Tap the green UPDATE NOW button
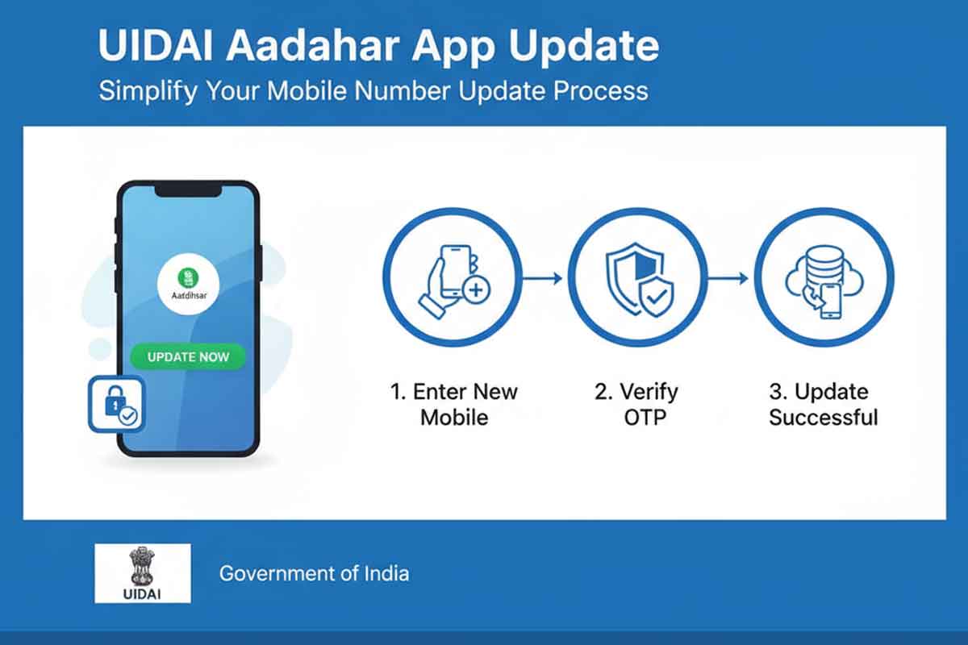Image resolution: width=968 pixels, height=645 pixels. pos(188,357)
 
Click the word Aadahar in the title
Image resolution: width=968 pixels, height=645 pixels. pos(312,46)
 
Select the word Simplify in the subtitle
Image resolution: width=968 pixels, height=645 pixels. pos(148,92)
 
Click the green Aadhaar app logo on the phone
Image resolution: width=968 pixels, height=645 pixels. pos(188,277)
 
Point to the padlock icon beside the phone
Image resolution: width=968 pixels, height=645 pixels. pos(116,404)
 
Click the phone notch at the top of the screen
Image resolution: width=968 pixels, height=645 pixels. pos(189,190)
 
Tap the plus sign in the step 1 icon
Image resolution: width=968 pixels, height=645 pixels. pos(476,290)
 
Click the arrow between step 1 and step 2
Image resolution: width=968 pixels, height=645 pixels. pos(542,278)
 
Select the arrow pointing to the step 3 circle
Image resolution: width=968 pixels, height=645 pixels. pos(728,278)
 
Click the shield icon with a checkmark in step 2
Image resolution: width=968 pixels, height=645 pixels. pos(657,298)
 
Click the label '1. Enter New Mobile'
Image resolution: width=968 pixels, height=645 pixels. pos(454,405)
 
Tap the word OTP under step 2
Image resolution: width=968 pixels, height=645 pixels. pos(645,418)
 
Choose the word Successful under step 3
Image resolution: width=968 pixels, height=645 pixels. pos(824,418)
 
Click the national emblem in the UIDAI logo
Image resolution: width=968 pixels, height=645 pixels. pos(142,565)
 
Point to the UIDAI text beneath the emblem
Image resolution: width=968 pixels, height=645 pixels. pos(142,594)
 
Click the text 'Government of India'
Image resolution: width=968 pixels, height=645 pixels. pos(314,574)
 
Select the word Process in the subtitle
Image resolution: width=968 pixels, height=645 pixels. pos(601,91)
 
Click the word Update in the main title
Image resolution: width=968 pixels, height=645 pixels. pos(583,48)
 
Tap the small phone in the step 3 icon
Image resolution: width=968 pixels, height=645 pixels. pos(831,301)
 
